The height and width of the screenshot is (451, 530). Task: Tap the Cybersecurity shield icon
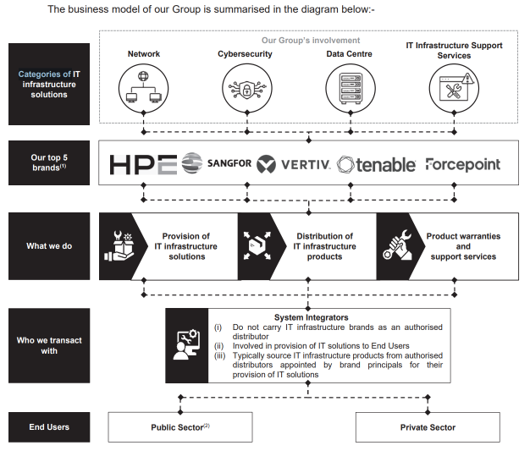pyautogui.click(x=247, y=89)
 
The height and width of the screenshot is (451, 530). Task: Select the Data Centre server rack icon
pyautogui.click(x=351, y=88)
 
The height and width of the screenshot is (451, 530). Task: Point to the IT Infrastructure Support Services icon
pyautogui.click(x=454, y=88)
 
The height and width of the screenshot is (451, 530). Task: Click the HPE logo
pyautogui.click(x=143, y=164)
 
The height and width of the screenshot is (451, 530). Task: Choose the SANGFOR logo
pyautogui.click(x=217, y=163)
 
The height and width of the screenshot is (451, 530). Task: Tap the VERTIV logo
pyautogui.click(x=294, y=164)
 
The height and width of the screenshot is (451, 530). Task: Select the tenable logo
pyautogui.click(x=376, y=165)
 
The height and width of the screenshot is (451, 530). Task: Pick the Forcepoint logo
pyautogui.click(x=463, y=164)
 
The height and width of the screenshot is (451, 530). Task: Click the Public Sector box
pyautogui.click(x=180, y=427)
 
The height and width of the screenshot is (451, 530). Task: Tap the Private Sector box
pyautogui.click(x=428, y=427)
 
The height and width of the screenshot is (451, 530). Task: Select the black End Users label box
pyautogui.click(x=49, y=427)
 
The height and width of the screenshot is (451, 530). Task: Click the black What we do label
pyautogui.click(x=49, y=246)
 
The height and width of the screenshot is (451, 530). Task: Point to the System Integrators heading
pyautogui.click(x=312, y=317)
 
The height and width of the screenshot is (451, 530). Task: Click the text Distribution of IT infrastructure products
pyautogui.click(x=324, y=246)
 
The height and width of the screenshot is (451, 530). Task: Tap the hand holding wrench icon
pyautogui.click(x=398, y=245)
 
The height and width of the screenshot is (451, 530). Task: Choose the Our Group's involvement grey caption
pyautogui.click(x=311, y=41)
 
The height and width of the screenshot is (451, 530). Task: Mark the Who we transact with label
pyautogui.click(x=49, y=345)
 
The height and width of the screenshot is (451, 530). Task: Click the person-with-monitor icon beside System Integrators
pyautogui.click(x=186, y=345)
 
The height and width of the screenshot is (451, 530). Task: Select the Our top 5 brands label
pyautogui.click(x=49, y=162)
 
